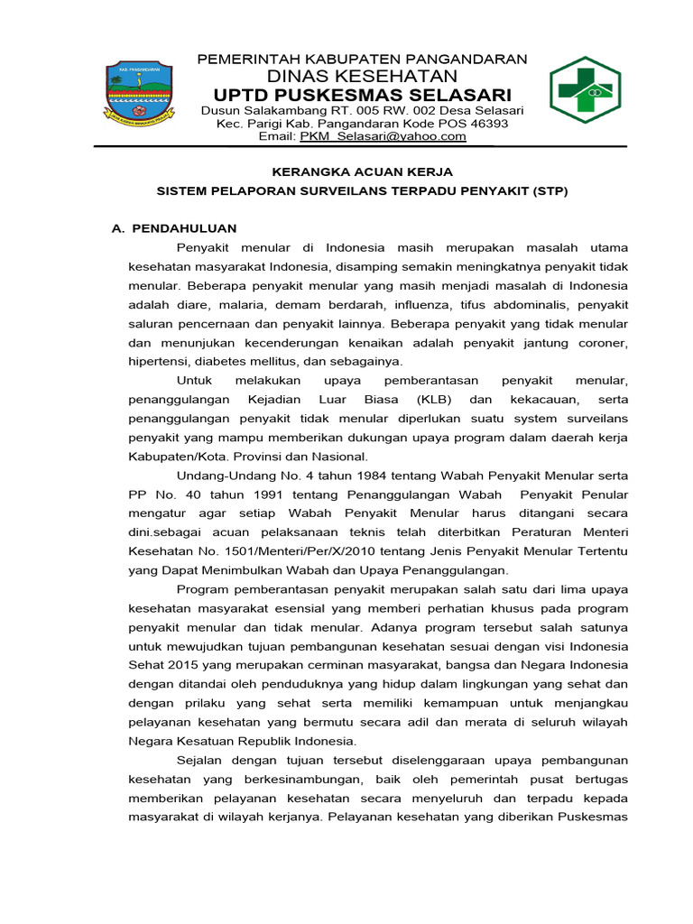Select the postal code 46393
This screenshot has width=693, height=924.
[488, 124]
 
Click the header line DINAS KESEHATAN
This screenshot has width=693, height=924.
[362, 76]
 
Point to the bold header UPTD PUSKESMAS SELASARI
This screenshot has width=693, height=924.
[362, 95]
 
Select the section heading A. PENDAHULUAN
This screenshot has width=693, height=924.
[174, 229]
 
